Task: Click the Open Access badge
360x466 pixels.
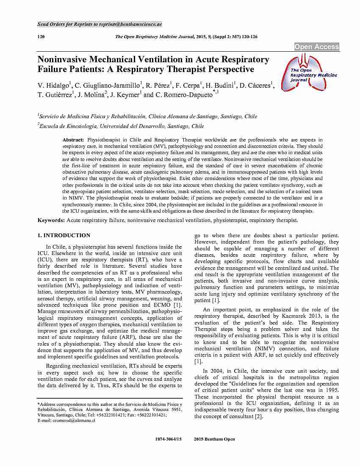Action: click(x=316, y=47)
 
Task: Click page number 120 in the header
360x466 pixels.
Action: click(x=41, y=37)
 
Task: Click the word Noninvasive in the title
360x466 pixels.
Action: click(x=63, y=59)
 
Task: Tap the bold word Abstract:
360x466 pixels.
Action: click(x=73, y=139)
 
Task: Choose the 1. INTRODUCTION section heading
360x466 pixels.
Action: click(x=64, y=235)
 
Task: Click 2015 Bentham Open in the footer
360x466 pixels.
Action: click(x=214, y=439)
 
